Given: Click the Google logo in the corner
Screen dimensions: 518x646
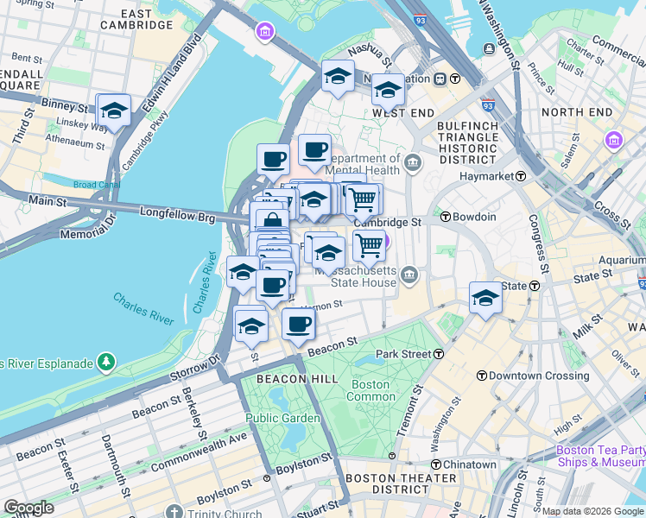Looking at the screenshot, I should pyautogui.click(x=28, y=508).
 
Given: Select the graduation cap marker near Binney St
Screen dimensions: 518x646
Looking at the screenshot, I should pyautogui.click(x=113, y=111).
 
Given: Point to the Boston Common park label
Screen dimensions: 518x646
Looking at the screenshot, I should pyautogui.click(x=370, y=390).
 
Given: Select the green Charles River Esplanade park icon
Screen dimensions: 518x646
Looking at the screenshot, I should pyautogui.click(x=106, y=360).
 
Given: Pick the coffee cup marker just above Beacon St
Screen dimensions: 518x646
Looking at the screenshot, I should pyautogui.click(x=299, y=325).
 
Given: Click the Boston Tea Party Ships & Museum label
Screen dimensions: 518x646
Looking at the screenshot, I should pyautogui.click(x=600, y=456).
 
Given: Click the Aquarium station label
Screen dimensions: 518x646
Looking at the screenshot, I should pyautogui.click(x=619, y=260).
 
